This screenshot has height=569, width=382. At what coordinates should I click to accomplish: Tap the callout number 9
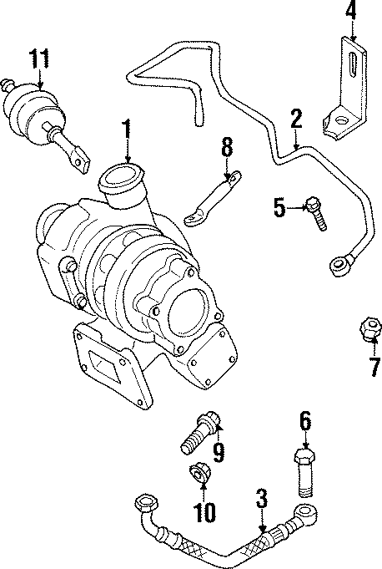tap(219, 452)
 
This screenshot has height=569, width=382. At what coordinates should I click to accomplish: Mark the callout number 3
tap(262, 500)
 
